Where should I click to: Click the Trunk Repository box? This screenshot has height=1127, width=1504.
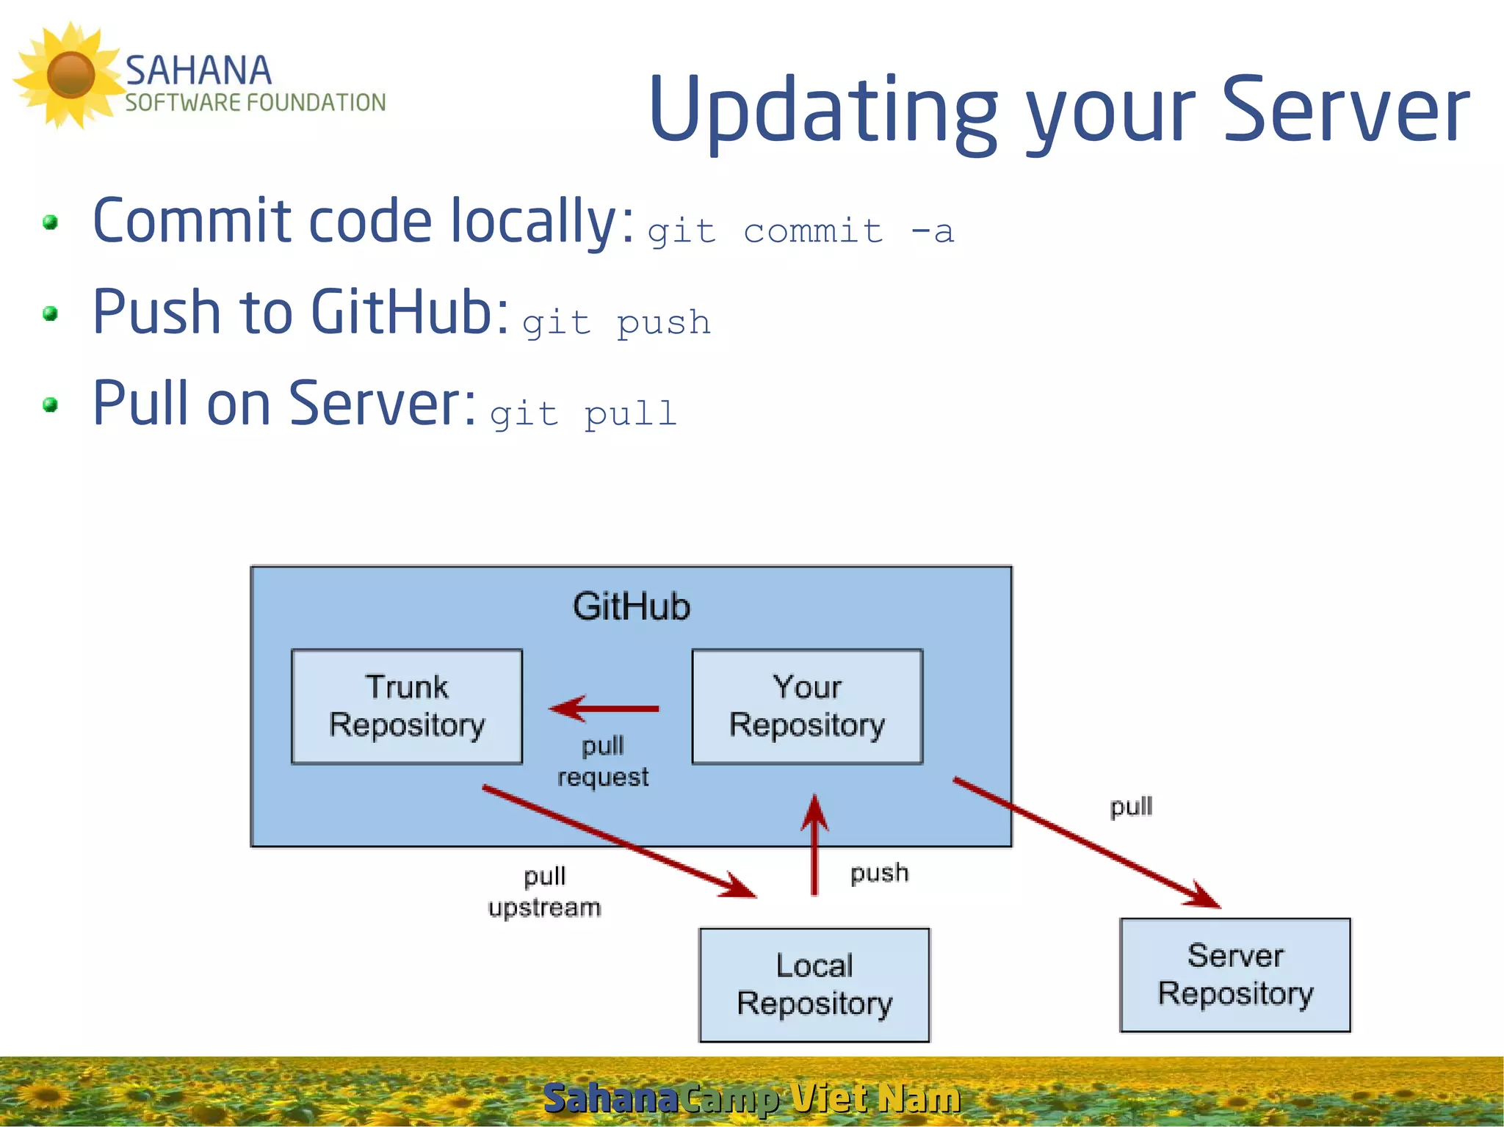coord(406,706)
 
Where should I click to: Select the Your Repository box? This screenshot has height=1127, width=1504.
coord(807,706)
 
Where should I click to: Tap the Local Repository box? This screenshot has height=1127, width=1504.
coord(814,985)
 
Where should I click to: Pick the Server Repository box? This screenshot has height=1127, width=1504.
coord(1235,975)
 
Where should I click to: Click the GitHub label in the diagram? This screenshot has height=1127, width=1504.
coord(632,607)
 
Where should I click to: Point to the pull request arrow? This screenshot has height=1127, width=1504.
coord(604,709)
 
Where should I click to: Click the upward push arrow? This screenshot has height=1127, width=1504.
coord(814,844)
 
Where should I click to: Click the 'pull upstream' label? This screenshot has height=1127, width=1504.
coord(544,891)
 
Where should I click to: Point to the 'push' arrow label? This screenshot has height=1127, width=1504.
coord(879,873)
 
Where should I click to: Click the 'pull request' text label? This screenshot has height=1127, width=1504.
coord(603,761)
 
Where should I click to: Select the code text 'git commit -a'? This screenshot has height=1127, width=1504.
coord(800,232)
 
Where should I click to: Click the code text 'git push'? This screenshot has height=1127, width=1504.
coord(616,323)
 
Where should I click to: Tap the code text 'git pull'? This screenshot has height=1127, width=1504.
coord(583,414)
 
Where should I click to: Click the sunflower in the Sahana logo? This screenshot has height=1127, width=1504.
coord(70,75)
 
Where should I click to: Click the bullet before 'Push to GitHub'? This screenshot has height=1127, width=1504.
coord(50,314)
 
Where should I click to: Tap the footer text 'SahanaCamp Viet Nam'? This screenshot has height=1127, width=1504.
coord(751,1098)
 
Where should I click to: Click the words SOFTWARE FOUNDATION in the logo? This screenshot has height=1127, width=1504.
coord(255,103)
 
